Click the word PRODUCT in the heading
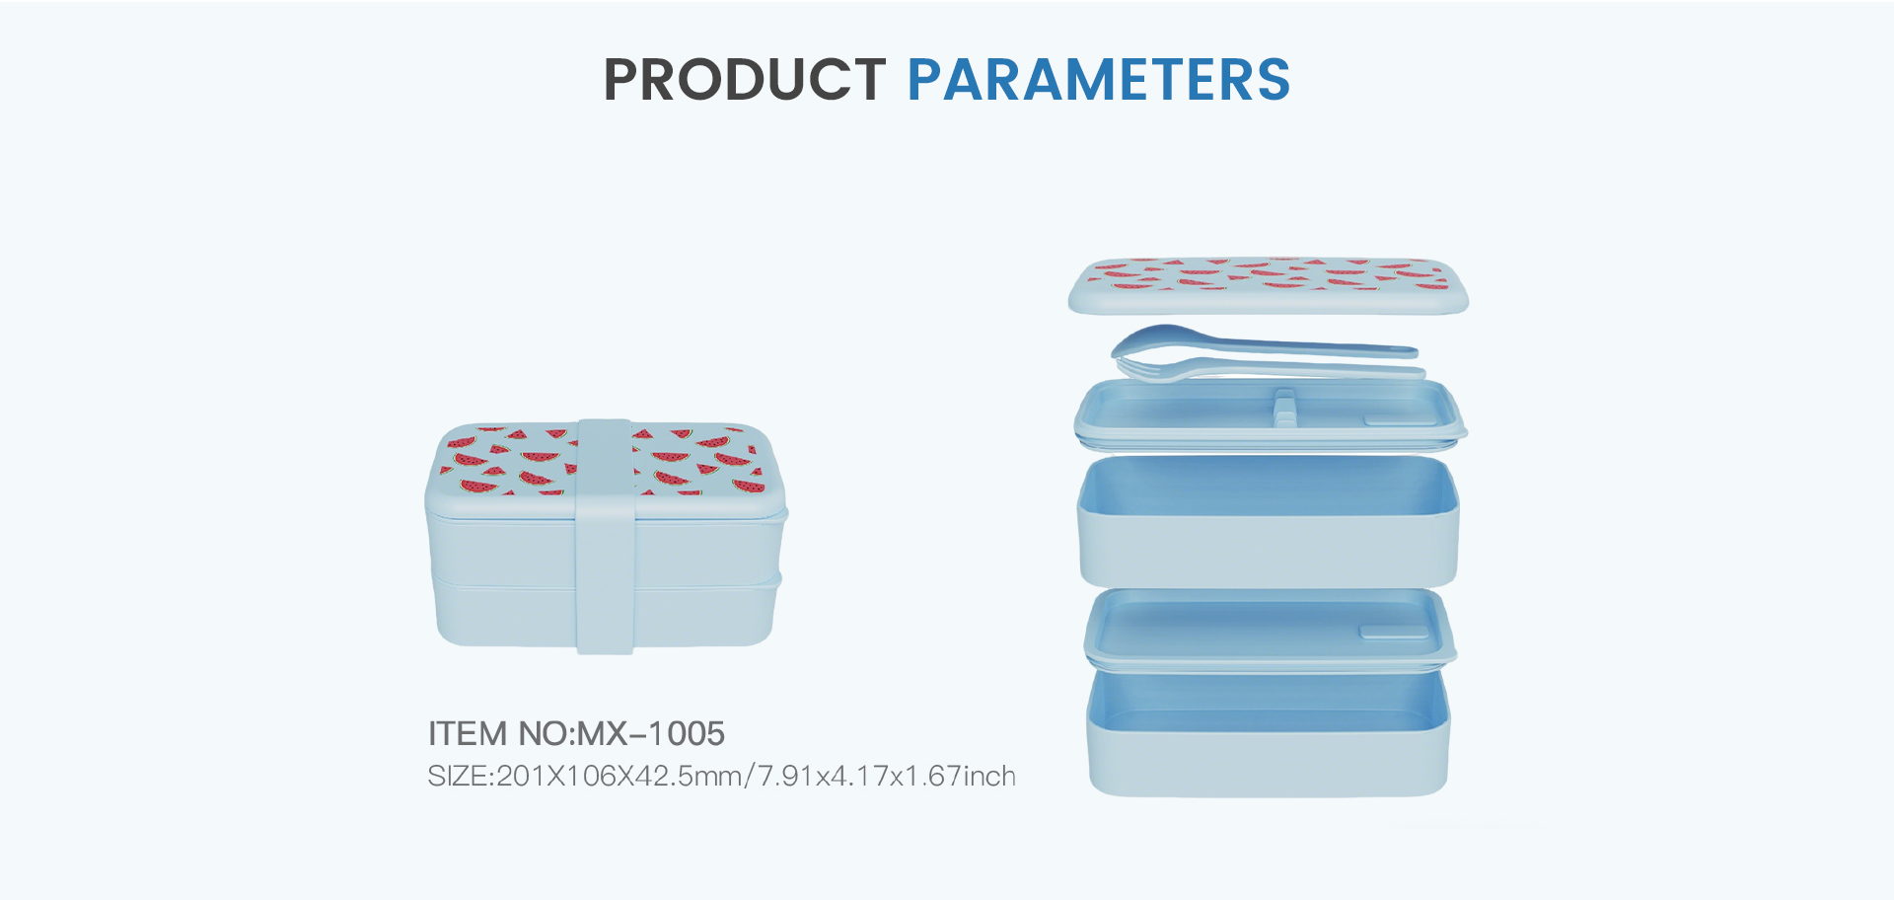pos(745,80)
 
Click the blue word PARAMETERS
pos(1099,80)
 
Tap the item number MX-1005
pos(651,733)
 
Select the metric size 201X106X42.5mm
pos(619,776)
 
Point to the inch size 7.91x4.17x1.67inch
pos(887,776)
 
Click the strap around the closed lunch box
pos(605,536)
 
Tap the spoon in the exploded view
pos(1263,342)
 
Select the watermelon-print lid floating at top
pos(1269,285)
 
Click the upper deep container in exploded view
pos(1269,521)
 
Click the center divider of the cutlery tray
pos(1284,407)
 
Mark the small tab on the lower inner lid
pos(1393,632)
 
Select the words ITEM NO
pos(498,733)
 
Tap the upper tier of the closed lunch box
pos(503,546)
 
